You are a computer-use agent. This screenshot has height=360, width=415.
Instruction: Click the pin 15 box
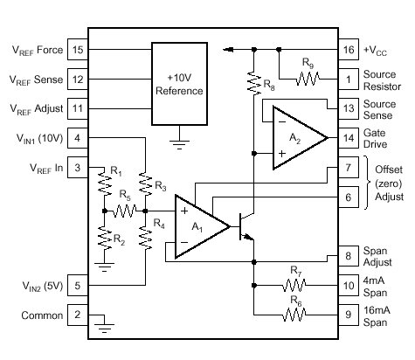(x=78, y=50)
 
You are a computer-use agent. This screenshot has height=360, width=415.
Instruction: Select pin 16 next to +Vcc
(x=349, y=50)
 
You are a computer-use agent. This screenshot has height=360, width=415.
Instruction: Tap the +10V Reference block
(x=179, y=84)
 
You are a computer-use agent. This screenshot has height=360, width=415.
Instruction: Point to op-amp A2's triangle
(x=300, y=138)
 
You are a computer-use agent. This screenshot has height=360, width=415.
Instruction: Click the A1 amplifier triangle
(x=202, y=226)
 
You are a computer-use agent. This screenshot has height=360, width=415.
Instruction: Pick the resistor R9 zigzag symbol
(x=308, y=79)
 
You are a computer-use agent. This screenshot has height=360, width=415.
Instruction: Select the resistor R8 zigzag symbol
(x=254, y=83)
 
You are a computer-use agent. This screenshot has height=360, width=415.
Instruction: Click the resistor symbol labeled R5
(x=124, y=211)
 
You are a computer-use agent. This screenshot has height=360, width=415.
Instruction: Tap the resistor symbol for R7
(x=294, y=286)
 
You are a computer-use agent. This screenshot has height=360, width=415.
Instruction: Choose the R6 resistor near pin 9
(x=294, y=315)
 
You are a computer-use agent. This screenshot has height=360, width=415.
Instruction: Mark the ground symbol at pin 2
(x=104, y=328)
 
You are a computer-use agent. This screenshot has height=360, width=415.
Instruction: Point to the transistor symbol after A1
(x=246, y=226)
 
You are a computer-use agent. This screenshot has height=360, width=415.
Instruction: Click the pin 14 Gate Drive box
(x=349, y=138)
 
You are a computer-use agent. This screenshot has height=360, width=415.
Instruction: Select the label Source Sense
(x=379, y=109)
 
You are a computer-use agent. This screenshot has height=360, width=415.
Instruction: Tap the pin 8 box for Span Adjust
(x=349, y=256)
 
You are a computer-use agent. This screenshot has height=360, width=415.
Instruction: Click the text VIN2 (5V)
(x=43, y=286)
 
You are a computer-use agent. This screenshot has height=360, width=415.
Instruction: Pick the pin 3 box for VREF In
(x=78, y=168)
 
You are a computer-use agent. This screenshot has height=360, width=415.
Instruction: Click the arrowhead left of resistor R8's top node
(x=228, y=50)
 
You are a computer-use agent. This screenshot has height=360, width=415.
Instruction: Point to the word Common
(x=42, y=315)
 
